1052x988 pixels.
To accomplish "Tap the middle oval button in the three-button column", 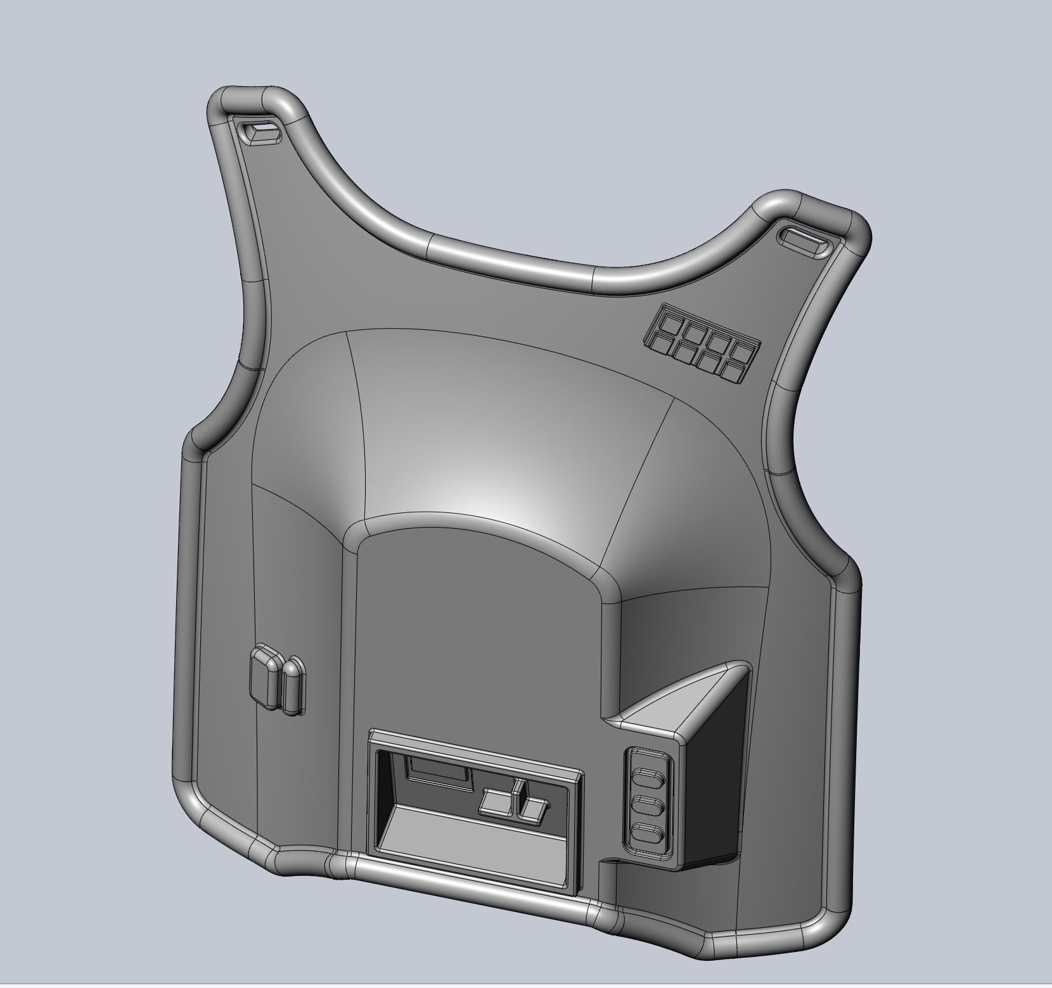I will coord(646,807).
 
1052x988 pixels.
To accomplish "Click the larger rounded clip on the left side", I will coord(265,676).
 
